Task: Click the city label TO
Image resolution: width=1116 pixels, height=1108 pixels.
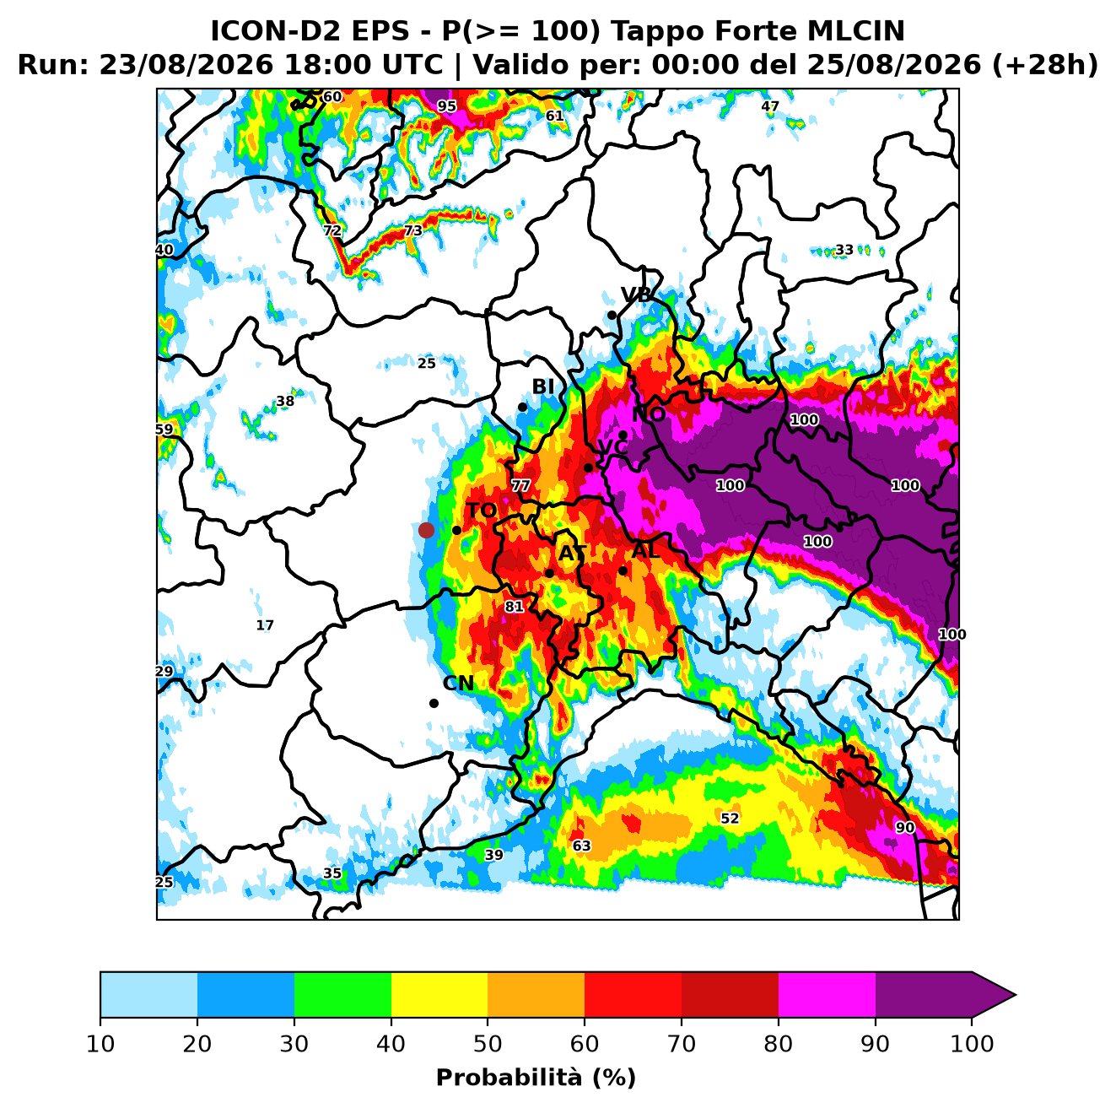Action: coord(482,511)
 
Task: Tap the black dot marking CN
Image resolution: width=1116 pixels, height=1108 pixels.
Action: coord(434,704)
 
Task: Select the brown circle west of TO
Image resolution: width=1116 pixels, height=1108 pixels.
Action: coord(426,530)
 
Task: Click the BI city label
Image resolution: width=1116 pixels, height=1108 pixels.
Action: coord(542,386)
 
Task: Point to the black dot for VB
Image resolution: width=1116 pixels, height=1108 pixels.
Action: coord(612,316)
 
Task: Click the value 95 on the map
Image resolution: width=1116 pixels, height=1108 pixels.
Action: coord(446,106)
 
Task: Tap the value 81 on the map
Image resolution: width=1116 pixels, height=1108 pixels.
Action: coord(514,607)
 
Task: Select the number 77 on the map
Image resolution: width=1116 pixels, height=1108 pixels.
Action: coord(520,485)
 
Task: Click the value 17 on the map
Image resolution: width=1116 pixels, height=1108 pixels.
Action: coord(265,625)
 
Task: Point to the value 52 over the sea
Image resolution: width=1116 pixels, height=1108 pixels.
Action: coord(730,819)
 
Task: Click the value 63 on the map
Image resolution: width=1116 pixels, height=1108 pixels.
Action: coord(581,846)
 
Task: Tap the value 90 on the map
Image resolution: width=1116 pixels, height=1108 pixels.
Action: coord(905,828)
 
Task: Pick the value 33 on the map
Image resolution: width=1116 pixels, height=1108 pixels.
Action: coord(844,250)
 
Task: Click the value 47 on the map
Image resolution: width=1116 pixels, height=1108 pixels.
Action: coord(769,106)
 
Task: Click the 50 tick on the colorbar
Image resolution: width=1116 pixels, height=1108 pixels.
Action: coord(488,1044)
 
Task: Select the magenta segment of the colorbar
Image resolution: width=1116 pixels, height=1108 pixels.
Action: coord(827,995)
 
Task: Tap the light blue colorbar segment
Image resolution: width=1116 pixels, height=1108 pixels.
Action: coord(148,995)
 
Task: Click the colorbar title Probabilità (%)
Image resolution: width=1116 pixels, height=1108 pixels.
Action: coord(536,1078)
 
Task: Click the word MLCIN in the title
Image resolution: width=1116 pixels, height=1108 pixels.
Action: coord(855,30)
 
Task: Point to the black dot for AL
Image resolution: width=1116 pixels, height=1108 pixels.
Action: coord(623,570)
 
